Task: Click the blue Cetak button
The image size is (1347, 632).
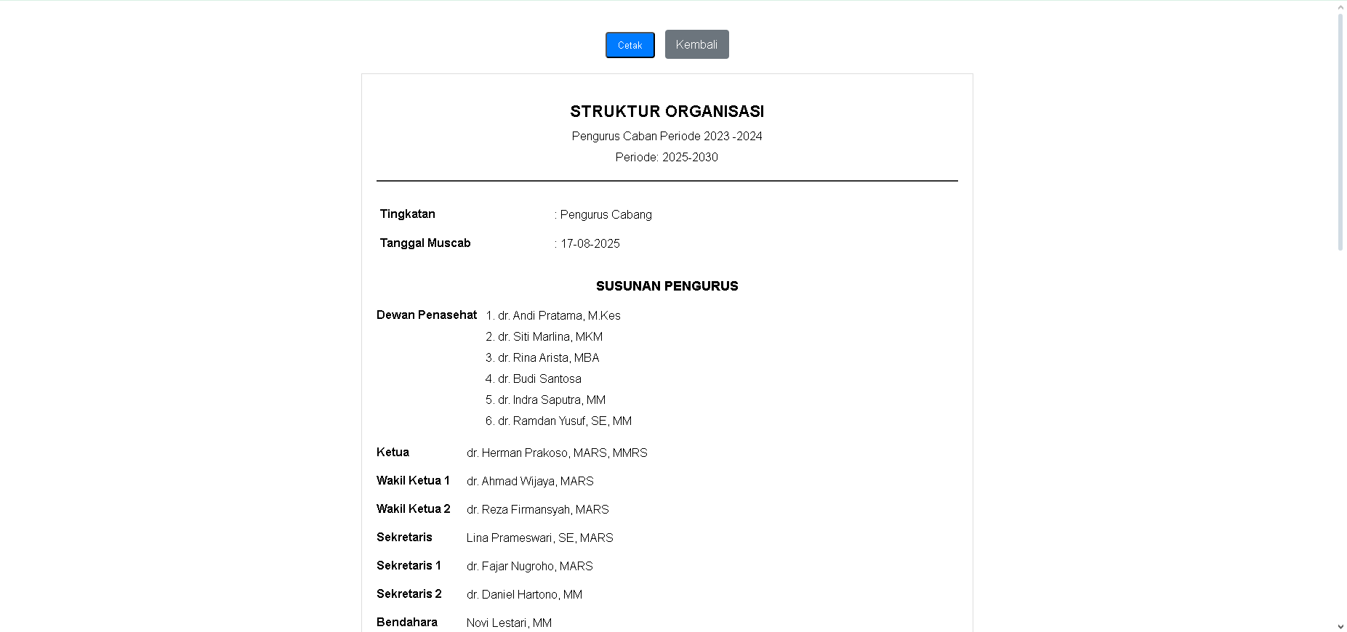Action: click(x=630, y=45)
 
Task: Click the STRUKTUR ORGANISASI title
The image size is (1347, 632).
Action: click(x=667, y=112)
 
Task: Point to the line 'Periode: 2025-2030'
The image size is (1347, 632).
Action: click(x=667, y=157)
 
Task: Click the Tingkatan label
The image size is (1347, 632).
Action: click(x=407, y=214)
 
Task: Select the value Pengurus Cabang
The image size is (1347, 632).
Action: click(x=606, y=215)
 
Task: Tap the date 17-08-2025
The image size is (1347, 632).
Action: click(x=590, y=244)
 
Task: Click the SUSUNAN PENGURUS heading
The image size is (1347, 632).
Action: click(x=667, y=286)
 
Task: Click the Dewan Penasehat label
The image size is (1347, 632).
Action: click(x=427, y=315)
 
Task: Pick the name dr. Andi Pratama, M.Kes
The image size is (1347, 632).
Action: click(x=558, y=316)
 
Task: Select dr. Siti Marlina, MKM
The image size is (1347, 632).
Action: click(x=550, y=337)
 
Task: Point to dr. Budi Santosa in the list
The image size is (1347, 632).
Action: click(x=539, y=379)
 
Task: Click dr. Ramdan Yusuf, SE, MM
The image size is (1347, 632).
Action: click(x=564, y=421)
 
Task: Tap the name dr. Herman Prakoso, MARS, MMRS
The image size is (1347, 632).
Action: click(x=557, y=453)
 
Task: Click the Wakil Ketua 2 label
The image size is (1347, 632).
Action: click(x=413, y=509)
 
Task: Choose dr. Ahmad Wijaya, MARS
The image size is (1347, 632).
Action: click(x=530, y=482)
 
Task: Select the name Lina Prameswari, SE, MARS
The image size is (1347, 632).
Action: click(x=539, y=538)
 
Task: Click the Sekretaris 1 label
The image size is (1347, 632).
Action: click(x=409, y=566)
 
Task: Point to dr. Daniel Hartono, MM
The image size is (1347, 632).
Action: click(x=524, y=595)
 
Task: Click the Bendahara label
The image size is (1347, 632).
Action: click(x=406, y=623)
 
